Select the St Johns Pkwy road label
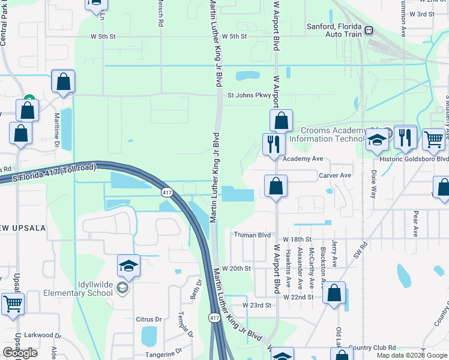(249, 94)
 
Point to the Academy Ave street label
(303, 159)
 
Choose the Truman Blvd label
(253, 235)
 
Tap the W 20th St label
(236, 268)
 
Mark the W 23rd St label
(258, 305)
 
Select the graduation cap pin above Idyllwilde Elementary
(128, 265)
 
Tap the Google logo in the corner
(19, 353)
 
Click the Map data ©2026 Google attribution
(412, 355)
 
